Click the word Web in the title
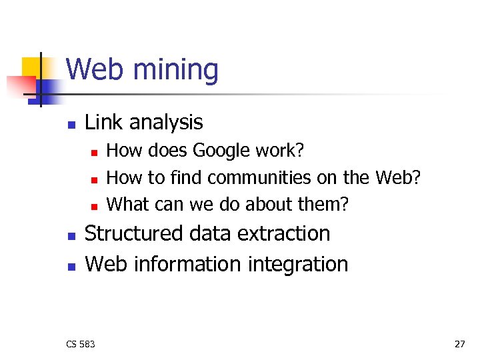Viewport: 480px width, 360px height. tap(93, 70)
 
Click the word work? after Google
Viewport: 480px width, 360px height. tap(282, 151)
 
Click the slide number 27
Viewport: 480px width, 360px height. tap(459, 344)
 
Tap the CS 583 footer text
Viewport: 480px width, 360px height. tap(81, 344)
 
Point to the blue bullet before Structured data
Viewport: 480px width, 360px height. tap(71, 236)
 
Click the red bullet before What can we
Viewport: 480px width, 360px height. tap(95, 205)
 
